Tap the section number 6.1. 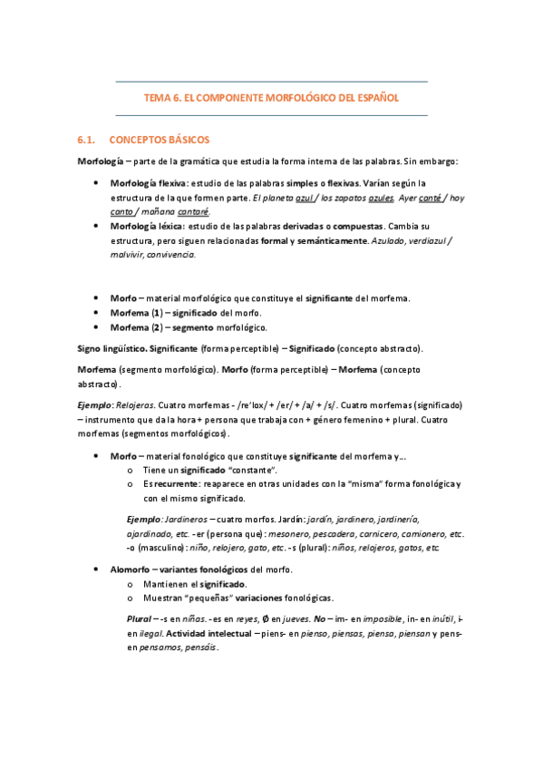[87, 141]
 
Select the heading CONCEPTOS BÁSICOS [159, 141]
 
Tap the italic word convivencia [172, 254]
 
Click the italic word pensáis [200, 647]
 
